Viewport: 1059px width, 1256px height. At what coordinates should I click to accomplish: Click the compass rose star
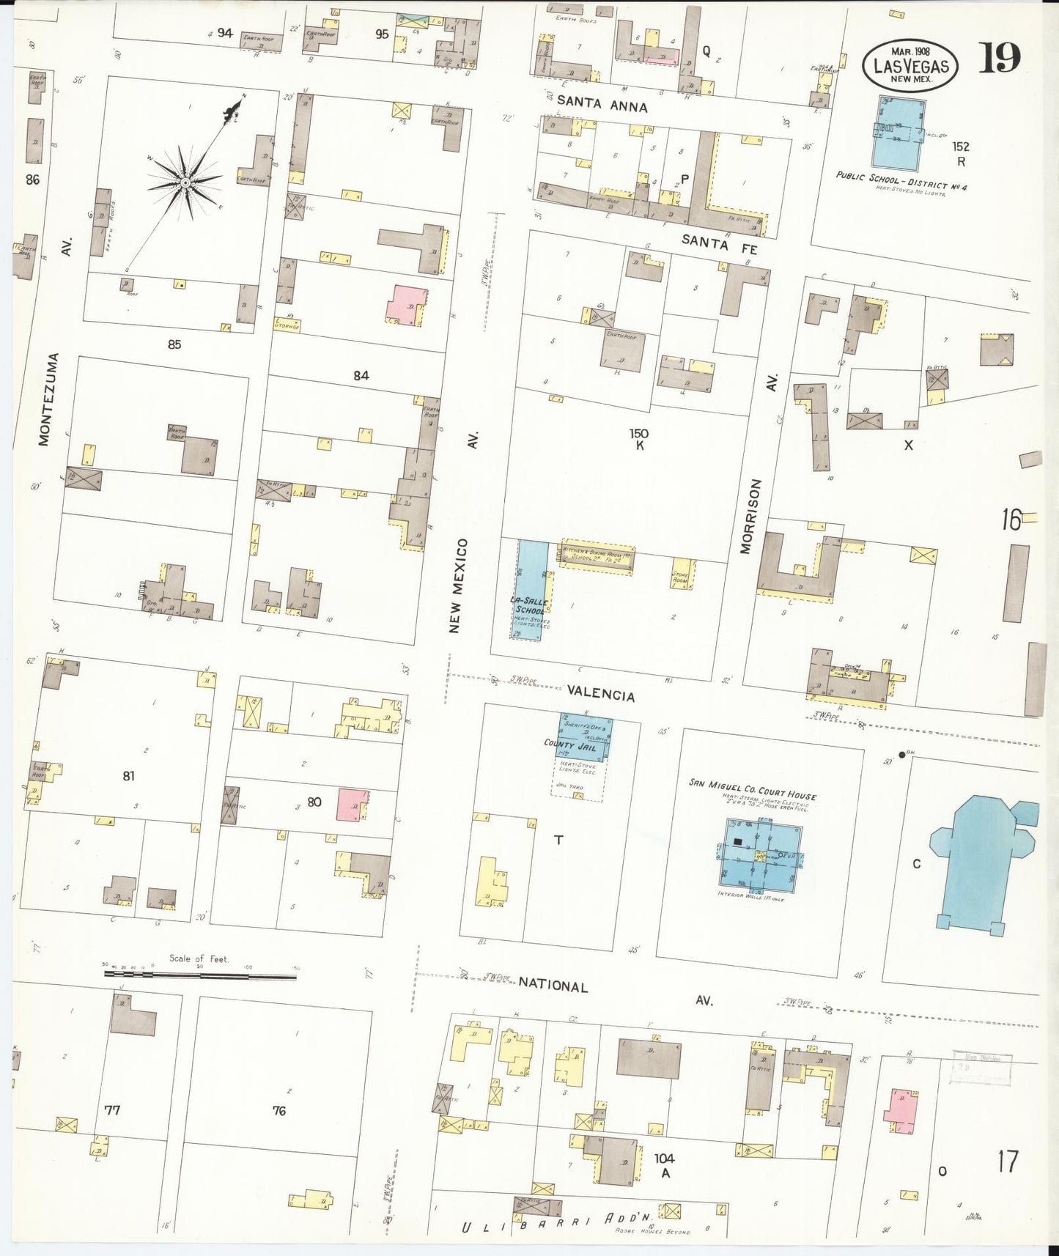tap(185, 182)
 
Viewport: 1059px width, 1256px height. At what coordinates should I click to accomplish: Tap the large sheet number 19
tap(999, 58)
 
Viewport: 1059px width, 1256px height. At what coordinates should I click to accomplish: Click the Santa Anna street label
tap(602, 105)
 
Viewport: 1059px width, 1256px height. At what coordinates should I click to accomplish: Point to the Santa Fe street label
tap(719, 244)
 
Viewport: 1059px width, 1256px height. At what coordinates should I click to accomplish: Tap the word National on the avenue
tap(553, 986)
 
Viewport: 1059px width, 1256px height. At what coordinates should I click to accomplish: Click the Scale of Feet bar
tap(199, 975)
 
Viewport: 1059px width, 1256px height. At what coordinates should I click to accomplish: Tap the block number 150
tap(638, 434)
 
